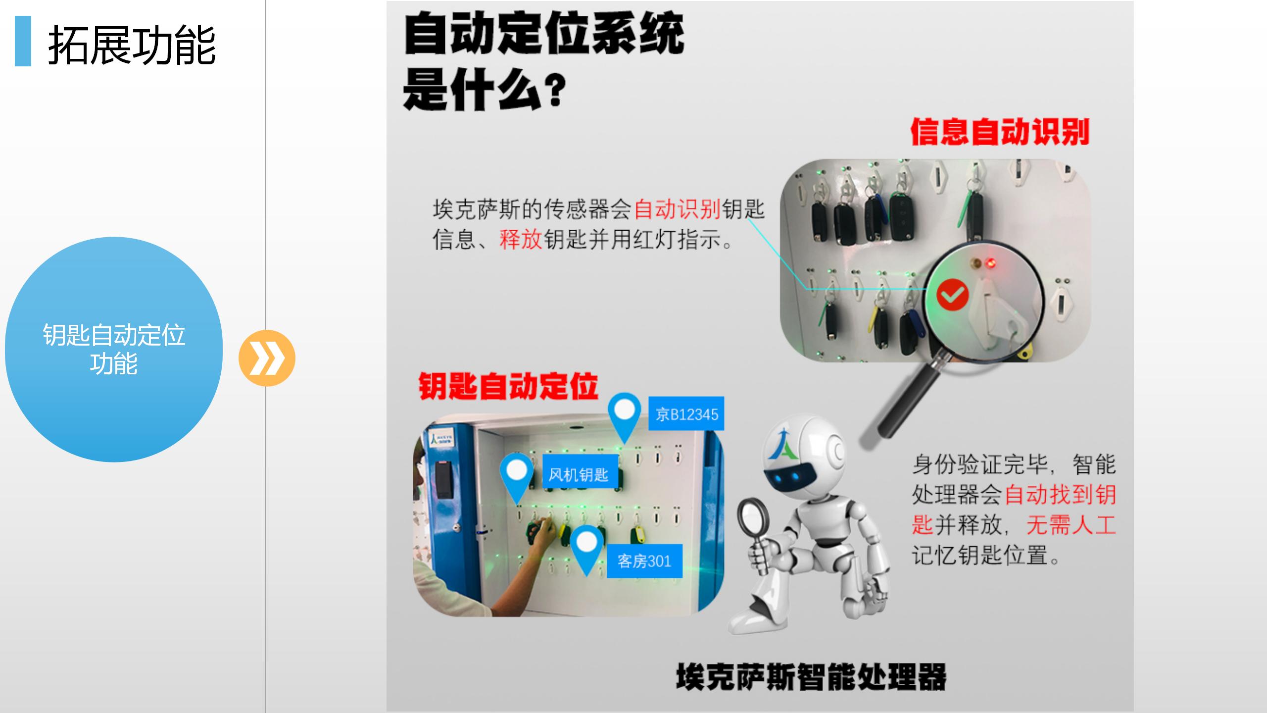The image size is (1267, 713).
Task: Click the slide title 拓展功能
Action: [132, 46]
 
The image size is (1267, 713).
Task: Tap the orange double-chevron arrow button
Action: [267, 358]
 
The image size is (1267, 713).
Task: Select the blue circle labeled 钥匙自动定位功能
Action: [114, 350]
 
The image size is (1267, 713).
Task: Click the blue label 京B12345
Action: [686, 413]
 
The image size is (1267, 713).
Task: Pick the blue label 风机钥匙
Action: [578, 474]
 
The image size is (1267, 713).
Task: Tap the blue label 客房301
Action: [644, 561]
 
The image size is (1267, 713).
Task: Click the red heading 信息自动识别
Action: [1000, 132]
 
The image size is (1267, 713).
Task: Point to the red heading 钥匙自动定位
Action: [508, 386]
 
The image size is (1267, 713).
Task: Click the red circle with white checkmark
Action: [953, 295]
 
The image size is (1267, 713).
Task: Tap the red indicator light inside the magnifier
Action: [991, 263]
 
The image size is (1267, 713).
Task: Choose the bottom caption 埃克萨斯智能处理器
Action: [811, 677]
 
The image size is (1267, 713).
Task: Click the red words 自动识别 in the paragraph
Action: [677, 209]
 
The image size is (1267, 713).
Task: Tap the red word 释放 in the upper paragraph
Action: [521, 240]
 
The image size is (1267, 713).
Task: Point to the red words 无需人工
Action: [1071, 525]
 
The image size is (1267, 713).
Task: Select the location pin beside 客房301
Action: [586, 550]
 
